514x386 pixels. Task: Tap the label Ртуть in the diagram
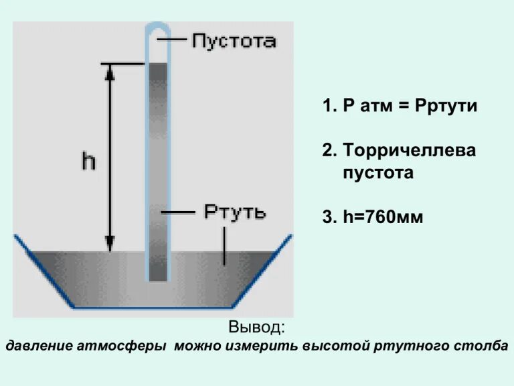point(234,212)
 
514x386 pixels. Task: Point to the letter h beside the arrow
point(88,160)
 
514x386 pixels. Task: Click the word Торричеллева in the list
point(409,150)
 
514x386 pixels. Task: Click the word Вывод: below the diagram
point(256,328)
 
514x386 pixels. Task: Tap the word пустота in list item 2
point(379,172)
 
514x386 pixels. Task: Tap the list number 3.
point(327,218)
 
